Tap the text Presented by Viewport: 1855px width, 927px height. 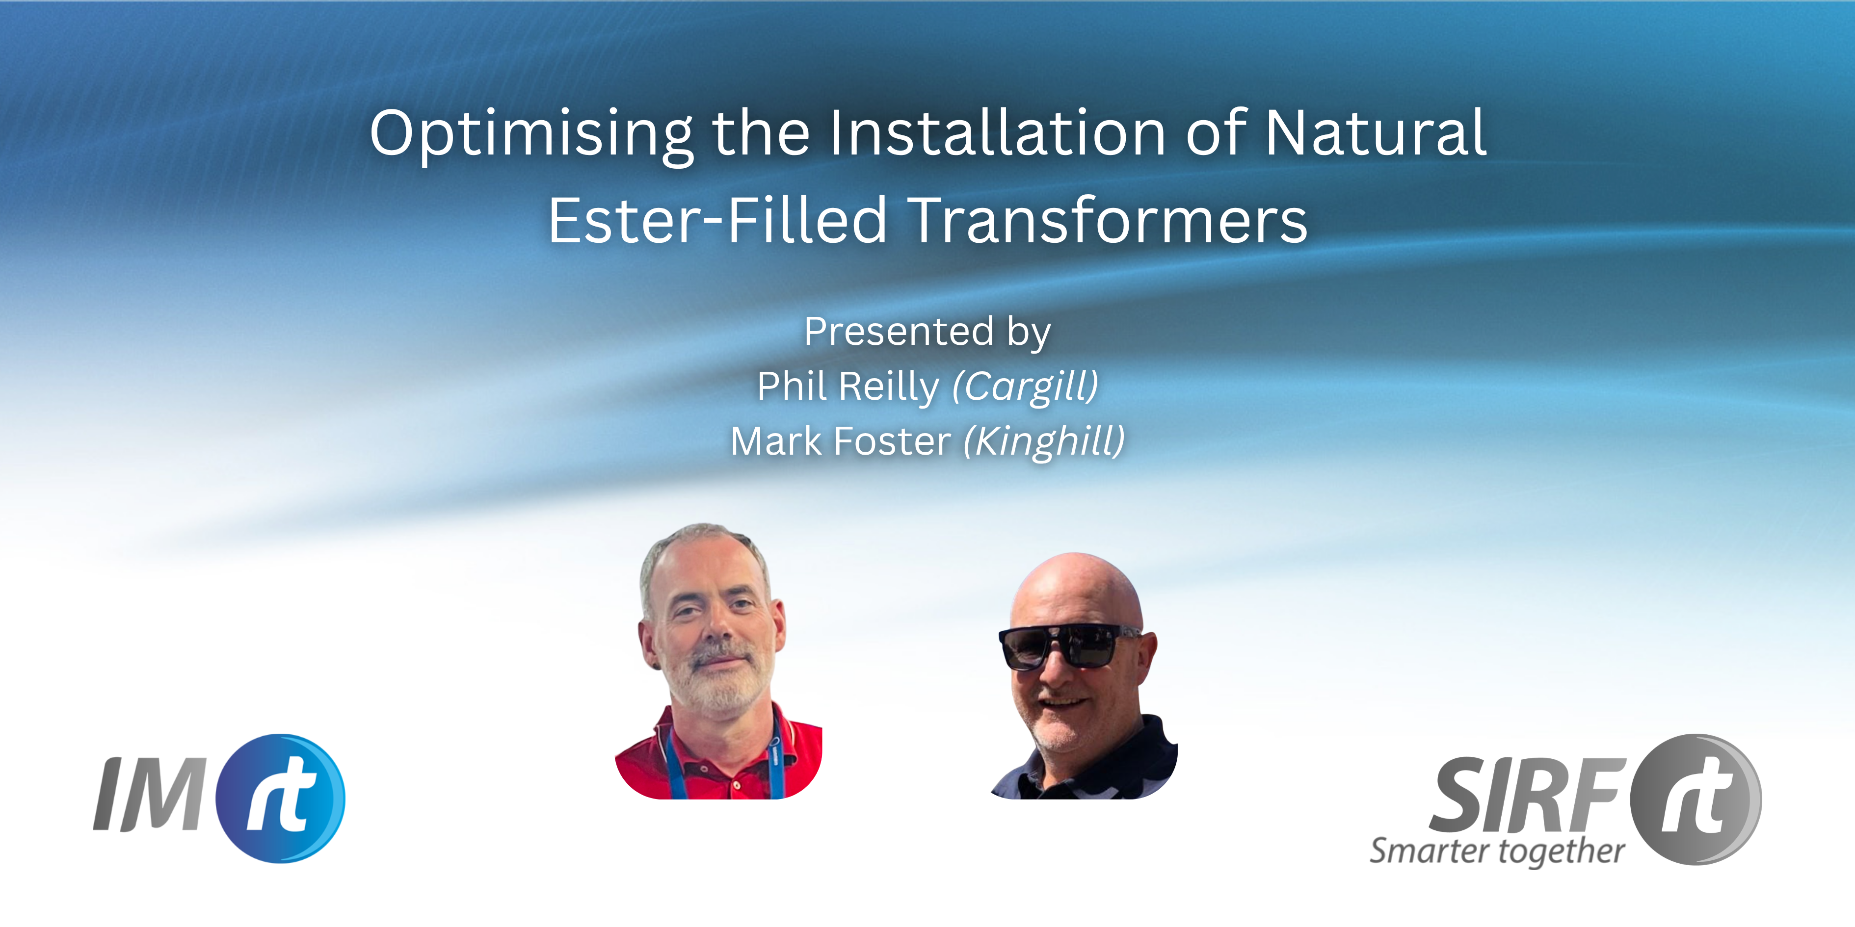click(927, 333)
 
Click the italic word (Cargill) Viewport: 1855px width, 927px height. click(1026, 387)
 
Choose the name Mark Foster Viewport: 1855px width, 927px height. click(840, 441)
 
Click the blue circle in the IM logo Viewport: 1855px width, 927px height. click(281, 798)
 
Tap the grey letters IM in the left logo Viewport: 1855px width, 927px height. click(151, 795)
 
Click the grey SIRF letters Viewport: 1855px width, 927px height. click(1527, 795)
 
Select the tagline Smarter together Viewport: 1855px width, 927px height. click(1497, 851)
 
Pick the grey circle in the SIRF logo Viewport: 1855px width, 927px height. click(1696, 799)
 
